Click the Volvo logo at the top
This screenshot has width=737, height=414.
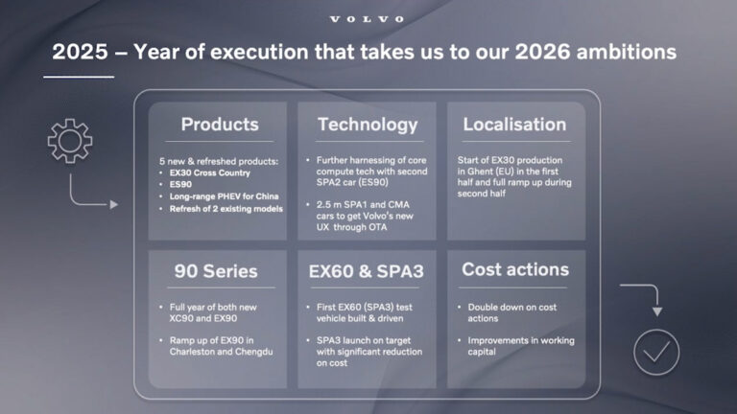(x=368, y=19)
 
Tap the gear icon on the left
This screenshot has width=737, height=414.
(x=70, y=141)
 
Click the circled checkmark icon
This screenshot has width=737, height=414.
(x=656, y=352)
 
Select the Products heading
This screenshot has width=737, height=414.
(x=220, y=125)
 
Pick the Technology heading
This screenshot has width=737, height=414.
(x=368, y=125)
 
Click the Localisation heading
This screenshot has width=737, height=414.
(x=514, y=125)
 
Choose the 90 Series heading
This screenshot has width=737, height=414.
(x=216, y=271)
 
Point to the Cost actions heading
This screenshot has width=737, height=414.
(x=514, y=270)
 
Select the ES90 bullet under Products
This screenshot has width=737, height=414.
(x=182, y=183)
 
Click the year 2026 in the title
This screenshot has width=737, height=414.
(x=542, y=52)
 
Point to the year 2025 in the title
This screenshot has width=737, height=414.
(x=80, y=52)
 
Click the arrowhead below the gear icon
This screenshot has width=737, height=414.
(x=114, y=204)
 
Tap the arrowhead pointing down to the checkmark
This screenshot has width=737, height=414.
(x=656, y=311)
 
